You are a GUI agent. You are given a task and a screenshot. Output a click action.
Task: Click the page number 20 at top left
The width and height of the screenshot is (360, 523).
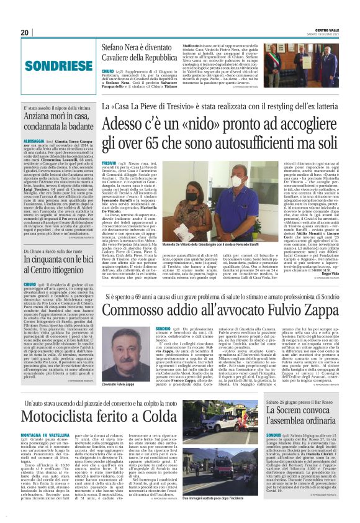(25, 32)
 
